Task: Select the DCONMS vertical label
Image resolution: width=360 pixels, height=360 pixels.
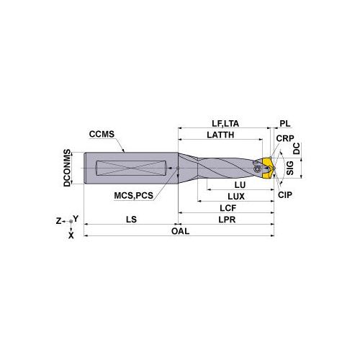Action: click(x=67, y=168)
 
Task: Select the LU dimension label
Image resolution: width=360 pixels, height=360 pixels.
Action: click(x=240, y=185)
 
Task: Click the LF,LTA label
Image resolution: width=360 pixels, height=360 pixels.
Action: click(x=225, y=123)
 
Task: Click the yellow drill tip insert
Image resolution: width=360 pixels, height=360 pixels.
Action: click(x=267, y=166)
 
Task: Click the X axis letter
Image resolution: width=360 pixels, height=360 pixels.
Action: click(x=71, y=234)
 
